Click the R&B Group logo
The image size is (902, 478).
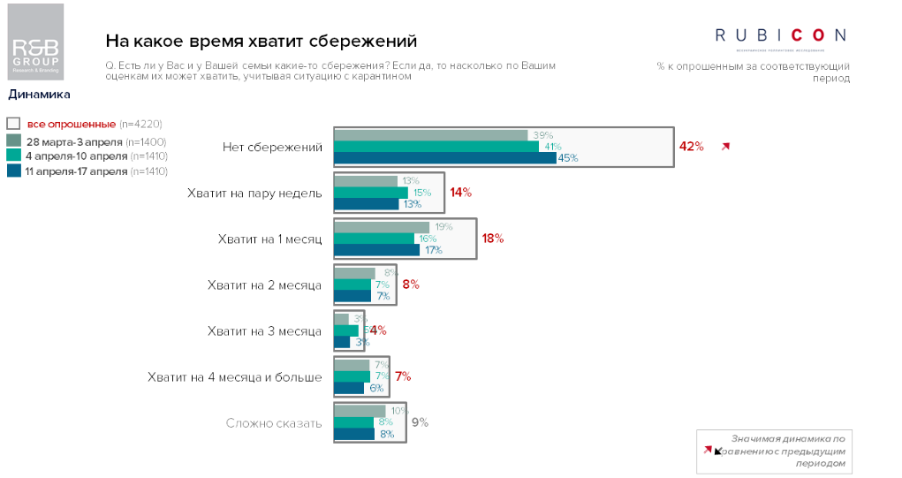(35, 43)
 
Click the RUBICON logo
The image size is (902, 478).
(780, 35)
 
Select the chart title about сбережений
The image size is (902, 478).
(262, 42)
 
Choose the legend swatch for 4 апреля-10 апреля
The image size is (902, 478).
(13, 156)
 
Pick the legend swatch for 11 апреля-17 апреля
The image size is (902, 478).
(13, 171)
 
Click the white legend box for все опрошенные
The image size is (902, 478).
(13, 124)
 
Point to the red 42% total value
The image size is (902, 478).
(691, 147)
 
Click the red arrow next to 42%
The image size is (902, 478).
(726, 147)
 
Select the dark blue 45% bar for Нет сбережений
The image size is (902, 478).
(444, 158)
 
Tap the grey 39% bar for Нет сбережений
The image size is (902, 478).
(430, 135)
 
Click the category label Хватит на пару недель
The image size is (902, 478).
(254, 193)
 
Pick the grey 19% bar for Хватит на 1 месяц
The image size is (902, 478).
(381, 227)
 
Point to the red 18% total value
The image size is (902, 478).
(492, 239)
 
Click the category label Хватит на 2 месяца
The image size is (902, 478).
(263, 285)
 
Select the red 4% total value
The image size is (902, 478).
(378, 330)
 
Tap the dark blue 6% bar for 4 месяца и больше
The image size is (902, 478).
(348, 388)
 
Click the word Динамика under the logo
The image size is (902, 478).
(39, 94)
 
